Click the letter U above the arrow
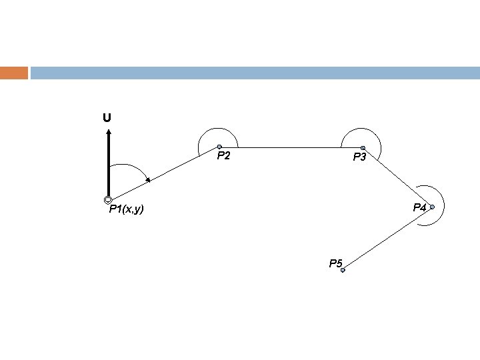click(x=107, y=118)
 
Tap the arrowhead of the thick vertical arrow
click(x=107, y=132)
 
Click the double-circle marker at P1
click(x=107, y=201)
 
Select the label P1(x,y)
click(x=127, y=211)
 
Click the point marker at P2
click(x=219, y=147)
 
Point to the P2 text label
click(x=224, y=157)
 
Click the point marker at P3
click(x=363, y=148)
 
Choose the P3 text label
click(x=360, y=157)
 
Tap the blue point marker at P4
click(x=432, y=207)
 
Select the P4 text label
click(x=419, y=207)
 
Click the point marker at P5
click(x=343, y=270)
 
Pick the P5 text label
click(x=335, y=263)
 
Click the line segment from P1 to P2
click(x=163, y=173)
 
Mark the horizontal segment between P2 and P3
click(x=291, y=147)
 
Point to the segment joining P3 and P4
click(x=397, y=177)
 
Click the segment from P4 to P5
click(x=387, y=239)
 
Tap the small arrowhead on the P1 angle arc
click(x=148, y=179)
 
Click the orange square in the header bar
click(x=14, y=73)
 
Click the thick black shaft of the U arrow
click(x=107, y=167)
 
